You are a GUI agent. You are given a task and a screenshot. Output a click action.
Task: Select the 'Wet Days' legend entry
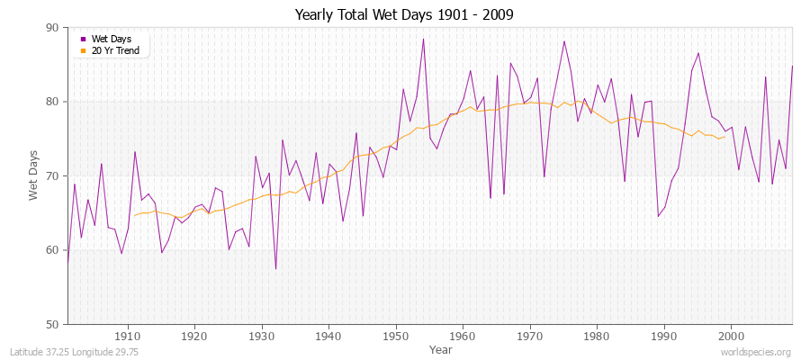[x=111, y=40]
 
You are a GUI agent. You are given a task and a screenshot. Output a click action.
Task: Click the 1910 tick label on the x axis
[x=128, y=336]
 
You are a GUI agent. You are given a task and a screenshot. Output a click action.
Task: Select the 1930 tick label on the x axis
[x=262, y=336]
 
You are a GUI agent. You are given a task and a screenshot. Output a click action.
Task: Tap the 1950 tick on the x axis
[x=396, y=336]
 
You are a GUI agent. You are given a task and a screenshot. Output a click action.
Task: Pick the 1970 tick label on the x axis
[x=530, y=336]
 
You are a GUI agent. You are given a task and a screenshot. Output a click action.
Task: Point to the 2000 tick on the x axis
[x=731, y=336]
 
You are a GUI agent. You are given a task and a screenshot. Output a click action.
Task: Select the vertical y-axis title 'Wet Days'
[x=34, y=176]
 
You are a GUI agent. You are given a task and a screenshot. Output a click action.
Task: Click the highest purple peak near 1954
[x=423, y=39]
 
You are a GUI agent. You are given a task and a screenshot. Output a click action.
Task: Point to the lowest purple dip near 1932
[x=275, y=268]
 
